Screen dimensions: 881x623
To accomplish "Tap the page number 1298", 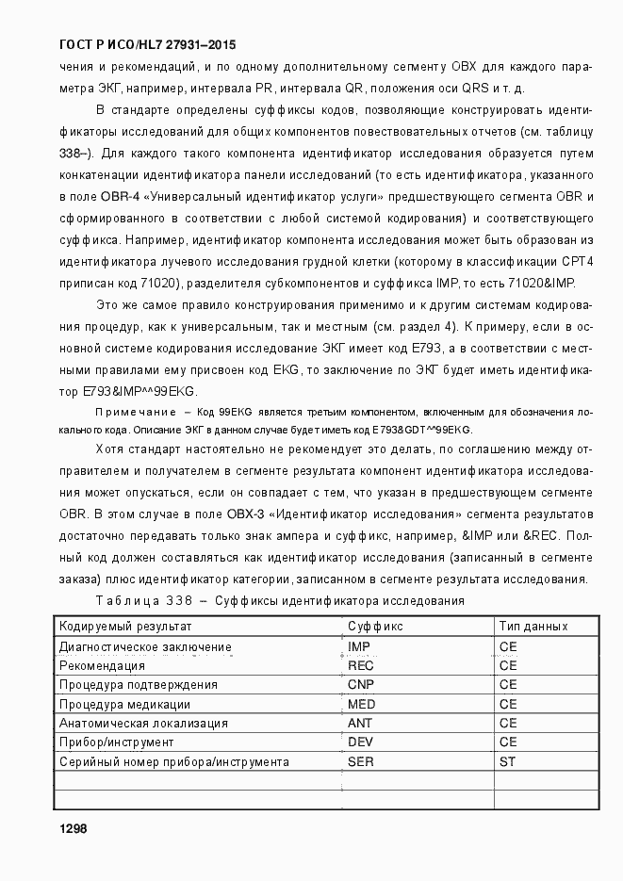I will (73, 828).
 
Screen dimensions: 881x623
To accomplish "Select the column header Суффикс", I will (375, 626).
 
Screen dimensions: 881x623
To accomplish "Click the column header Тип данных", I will (533, 626).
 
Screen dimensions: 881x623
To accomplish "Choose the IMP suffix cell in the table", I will (359, 646).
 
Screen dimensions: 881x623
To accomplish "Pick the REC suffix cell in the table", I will (361, 665).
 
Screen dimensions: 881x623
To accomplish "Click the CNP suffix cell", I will (361, 684).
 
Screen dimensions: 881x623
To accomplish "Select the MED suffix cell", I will (362, 704).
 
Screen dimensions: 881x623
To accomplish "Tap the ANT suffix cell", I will (360, 723).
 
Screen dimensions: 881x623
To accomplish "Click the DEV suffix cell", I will (361, 742).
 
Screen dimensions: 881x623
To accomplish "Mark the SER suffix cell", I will (361, 761).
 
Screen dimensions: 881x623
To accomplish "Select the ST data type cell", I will (507, 761).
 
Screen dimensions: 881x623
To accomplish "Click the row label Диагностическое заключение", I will (145, 646).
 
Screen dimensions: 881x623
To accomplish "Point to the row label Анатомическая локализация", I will (143, 723).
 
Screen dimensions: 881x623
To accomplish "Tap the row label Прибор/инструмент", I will (116, 742).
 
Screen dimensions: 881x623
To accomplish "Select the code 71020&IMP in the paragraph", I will (540, 284).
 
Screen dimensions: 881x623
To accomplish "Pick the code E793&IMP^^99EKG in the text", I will (140, 391).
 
